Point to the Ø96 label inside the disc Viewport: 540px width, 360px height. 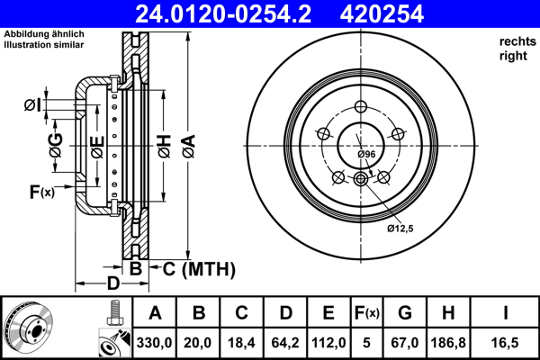365,156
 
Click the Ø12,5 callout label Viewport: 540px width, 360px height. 400,229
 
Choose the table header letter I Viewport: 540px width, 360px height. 506,314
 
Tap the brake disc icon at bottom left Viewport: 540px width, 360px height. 27,328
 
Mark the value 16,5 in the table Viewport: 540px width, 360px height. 506,342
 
